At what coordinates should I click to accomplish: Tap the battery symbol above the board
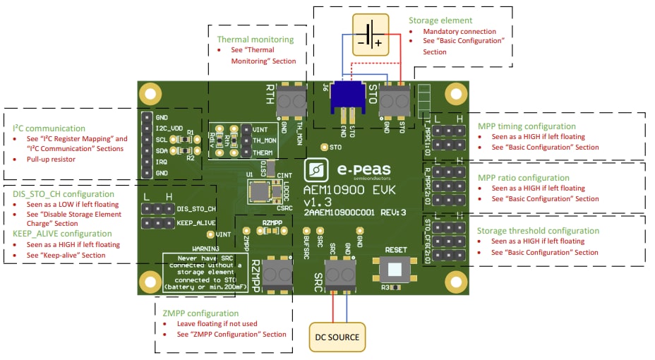[x=371, y=33]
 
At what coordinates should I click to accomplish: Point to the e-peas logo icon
[x=317, y=170]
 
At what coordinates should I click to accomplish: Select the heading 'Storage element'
[x=440, y=20]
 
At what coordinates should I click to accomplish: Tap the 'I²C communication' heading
[x=49, y=128]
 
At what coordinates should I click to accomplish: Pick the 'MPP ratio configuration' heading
[x=523, y=178]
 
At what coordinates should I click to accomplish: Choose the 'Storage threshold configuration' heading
[x=539, y=231]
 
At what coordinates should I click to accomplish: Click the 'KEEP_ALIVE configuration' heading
[x=62, y=234]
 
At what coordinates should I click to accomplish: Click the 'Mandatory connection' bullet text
[x=459, y=32]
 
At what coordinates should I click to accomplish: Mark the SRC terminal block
[x=340, y=272]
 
